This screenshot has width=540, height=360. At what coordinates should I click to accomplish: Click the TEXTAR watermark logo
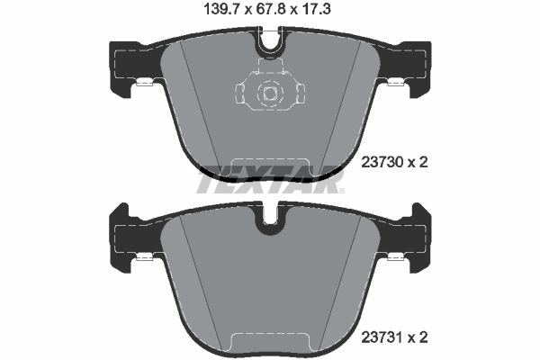[x=270, y=184]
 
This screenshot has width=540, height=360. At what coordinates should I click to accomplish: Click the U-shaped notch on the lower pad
[x=269, y=222]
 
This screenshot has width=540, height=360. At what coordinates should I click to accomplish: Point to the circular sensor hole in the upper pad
[x=269, y=92]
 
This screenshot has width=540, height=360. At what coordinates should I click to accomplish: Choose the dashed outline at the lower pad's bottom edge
[x=269, y=341]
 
